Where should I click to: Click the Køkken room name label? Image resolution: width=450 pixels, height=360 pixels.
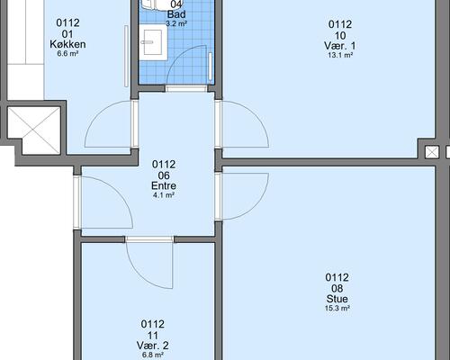pos(67,44)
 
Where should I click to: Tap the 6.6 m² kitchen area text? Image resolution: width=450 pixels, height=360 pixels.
pos(67,54)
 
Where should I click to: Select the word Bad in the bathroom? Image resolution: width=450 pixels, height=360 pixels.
pos(176,14)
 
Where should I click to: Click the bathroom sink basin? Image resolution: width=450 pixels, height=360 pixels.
pos(153,42)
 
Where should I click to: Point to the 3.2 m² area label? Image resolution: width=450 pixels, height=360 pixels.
pos(176,23)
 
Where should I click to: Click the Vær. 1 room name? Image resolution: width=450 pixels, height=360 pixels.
pos(340,46)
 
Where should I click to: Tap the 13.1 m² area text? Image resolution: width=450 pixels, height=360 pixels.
pos(340,55)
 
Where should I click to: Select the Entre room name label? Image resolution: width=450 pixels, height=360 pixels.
pos(164,185)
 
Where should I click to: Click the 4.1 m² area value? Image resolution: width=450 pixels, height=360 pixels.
pos(164,195)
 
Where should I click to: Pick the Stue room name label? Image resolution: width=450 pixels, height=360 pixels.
pos(337,299)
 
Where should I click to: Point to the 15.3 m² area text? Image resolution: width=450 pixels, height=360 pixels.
pos(337,308)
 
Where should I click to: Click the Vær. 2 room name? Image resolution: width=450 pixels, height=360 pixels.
pos(152,346)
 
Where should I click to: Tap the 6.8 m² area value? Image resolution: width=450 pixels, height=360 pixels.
pos(153,355)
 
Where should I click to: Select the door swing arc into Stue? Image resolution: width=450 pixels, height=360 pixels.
pos(255,207)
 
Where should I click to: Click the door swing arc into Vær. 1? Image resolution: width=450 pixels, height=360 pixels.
pos(255,114)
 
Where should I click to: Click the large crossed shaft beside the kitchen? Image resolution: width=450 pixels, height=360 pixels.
pos(34,130)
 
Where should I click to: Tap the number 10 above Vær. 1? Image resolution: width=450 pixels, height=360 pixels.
pos(340,36)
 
